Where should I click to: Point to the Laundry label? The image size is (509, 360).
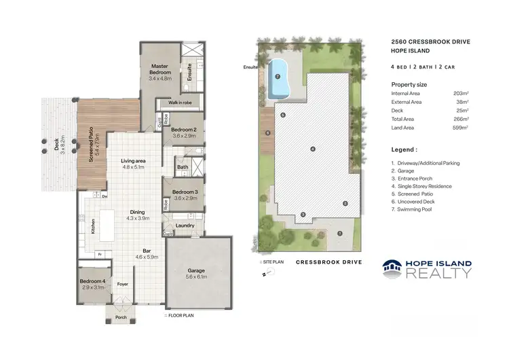[x=185, y=226]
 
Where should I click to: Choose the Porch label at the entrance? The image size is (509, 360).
[x=121, y=316]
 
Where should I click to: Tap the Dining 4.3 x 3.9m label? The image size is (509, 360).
[x=137, y=215]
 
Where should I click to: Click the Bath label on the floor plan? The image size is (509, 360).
[x=183, y=166]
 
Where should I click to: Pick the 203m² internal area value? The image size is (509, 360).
[x=461, y=93]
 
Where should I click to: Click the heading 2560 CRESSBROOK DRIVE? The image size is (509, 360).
[x=430, y=41]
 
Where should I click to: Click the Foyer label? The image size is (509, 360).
[x=123, y=285]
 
